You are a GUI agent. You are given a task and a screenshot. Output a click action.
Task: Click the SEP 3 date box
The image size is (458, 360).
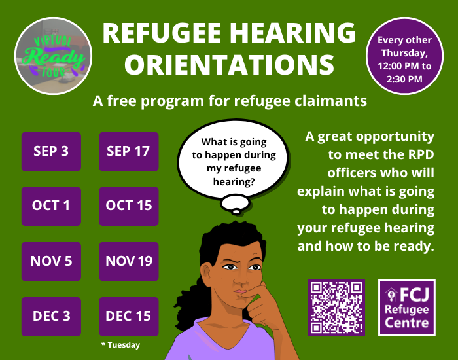pyautogui.click(x=51, y=151)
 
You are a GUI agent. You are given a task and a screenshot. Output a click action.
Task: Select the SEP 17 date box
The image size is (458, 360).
pyautogui.click(x=129, y=151)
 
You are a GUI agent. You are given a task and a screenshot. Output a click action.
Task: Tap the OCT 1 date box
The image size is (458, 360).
pyautogui.click(x=51, y=206)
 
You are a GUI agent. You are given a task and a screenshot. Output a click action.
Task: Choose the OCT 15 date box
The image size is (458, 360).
pyautogui.click(x=129, y=206)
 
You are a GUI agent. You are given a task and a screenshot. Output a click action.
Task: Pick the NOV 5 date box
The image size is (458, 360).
pyautogui.click(x=51, y=261)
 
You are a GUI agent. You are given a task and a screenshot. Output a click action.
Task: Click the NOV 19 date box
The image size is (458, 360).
pyautogui.click(x=129, y=261)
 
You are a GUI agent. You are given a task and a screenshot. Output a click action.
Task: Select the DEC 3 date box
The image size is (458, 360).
pyautogui.click(x=51, y=316)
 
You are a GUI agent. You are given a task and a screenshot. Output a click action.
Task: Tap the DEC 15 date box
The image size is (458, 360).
pyautogui.click(x=129, y=316)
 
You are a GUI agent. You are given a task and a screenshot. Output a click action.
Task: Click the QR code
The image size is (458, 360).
pyautogui.click(x=336, y=308)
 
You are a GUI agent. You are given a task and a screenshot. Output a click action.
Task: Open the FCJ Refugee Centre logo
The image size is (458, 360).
pyautogui.click(x=407, y=308)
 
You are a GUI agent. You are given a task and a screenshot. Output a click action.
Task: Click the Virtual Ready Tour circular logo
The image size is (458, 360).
pyautogui.click(x=53, y=56)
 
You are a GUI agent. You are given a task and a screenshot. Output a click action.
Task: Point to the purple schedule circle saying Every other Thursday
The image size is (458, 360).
pyautogui.click(x=404, y=56)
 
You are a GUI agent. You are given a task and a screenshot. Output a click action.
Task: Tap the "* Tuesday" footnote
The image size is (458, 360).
pyautogui.click(x=120, y=345)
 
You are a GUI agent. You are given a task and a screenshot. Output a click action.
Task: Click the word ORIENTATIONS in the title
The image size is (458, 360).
pyautogui.click(x=229, y=65)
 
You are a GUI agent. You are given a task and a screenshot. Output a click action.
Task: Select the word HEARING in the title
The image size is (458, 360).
pyautogui.click(x=292, y=33)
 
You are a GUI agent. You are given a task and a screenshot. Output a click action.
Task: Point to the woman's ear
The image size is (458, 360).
pyautogui.click(x=207, y=272)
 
